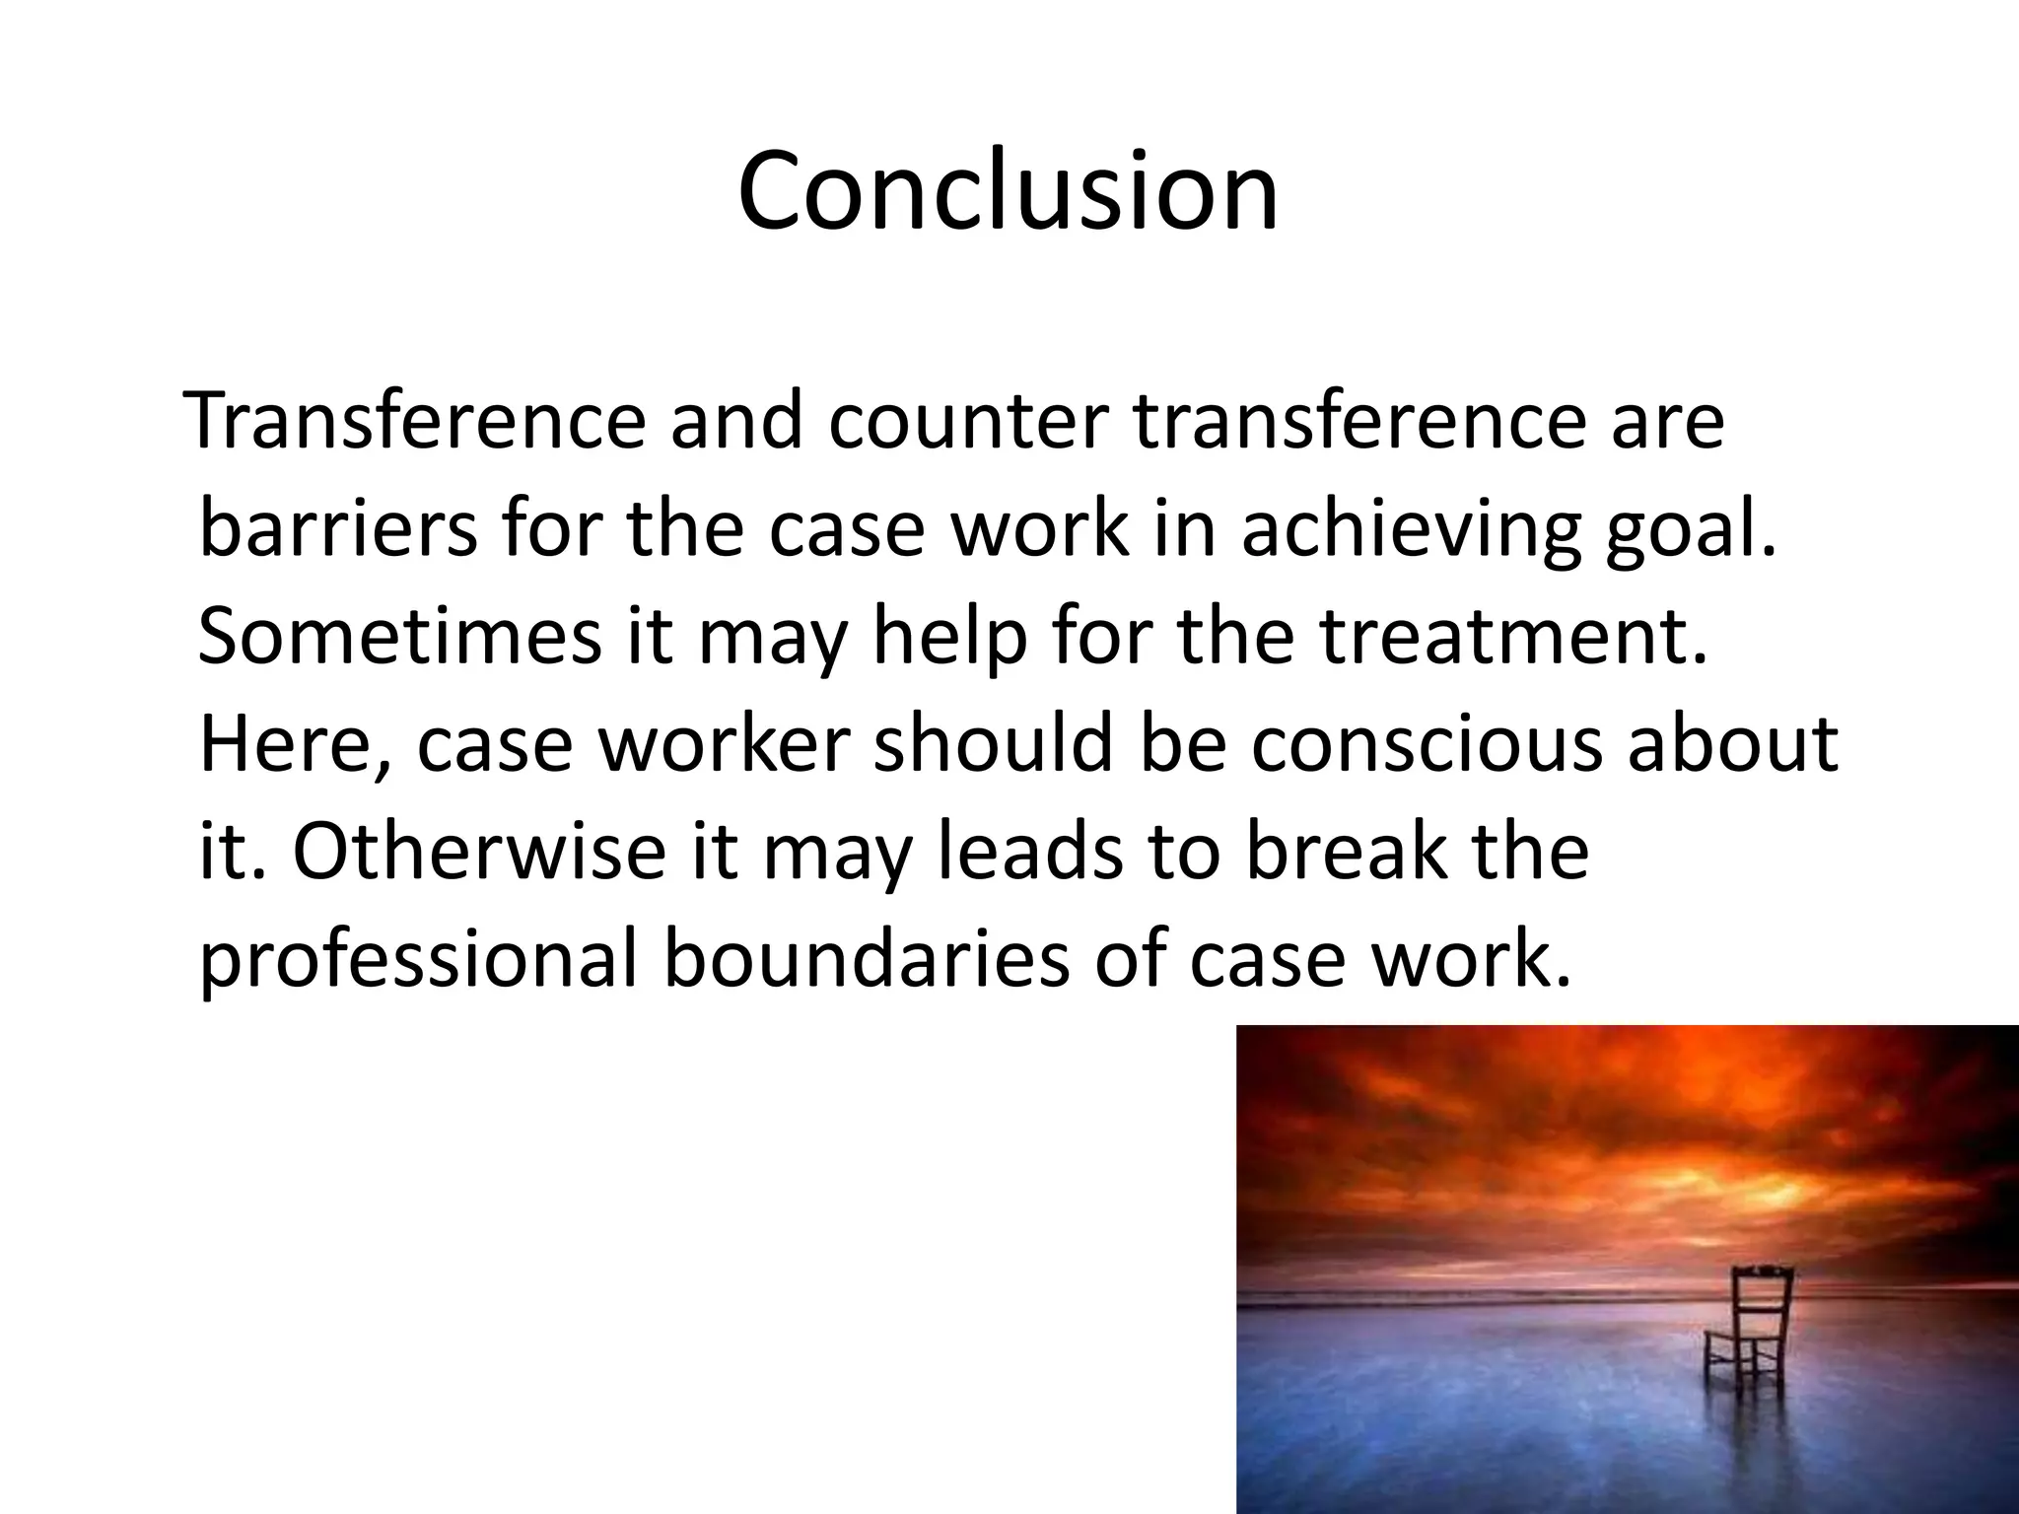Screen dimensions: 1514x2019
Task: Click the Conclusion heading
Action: (x=1008, y=191)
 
